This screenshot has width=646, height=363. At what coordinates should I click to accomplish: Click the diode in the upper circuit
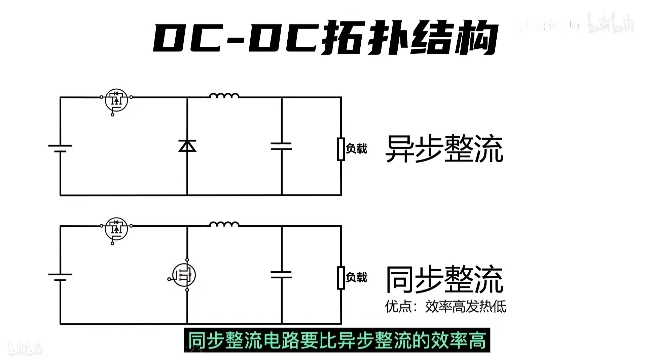(187, 146)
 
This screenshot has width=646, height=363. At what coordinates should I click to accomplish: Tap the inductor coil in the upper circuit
(224, 96)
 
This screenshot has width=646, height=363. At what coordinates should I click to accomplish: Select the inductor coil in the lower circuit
(224, 225)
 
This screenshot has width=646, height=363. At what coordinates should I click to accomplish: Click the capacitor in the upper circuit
(281, 146)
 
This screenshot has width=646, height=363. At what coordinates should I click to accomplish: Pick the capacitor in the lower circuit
(281, 275)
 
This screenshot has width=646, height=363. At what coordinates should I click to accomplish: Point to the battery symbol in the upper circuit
(60, 148)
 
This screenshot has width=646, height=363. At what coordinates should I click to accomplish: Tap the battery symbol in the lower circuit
(60, 277)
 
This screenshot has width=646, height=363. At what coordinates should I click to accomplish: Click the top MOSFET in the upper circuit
(116, 100)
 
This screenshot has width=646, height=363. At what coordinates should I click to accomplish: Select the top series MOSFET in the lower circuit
(116, 229)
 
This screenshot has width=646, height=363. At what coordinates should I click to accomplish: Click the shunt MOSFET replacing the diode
(184, 275)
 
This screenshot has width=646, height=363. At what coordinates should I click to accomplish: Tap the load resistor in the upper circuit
(341, 149)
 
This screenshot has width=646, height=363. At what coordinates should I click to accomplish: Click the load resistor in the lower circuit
(341, 278)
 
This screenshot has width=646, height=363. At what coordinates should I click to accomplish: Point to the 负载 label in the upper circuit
(357, 148)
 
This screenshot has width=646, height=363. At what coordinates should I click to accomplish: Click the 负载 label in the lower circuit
(357, 277)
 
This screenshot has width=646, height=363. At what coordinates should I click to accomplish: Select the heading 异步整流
(444, 149)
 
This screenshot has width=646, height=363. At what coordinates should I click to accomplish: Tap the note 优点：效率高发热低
(445, 306)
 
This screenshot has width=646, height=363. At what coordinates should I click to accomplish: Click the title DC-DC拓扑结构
(325, 38)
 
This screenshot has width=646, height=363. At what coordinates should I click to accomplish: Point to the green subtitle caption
(337, 340)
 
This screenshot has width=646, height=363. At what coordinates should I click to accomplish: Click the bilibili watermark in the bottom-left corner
(26, 347)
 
